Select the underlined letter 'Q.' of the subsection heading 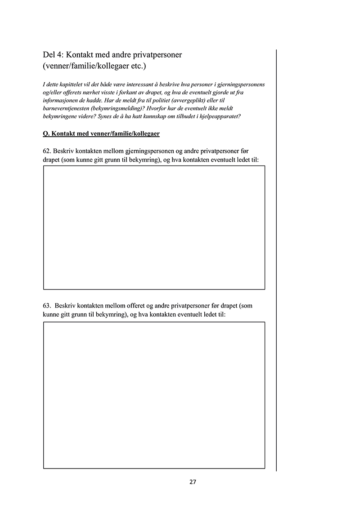pos(46,134)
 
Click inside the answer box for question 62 pos(154,228)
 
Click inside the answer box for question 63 pos(154,395)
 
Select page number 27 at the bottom pos(193,482)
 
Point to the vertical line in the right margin pos(276,261)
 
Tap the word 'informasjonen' pos(60,101)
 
